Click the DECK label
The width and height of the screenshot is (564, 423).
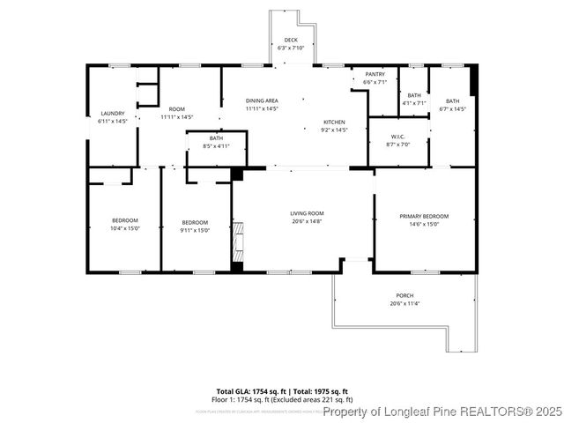coord(290,41)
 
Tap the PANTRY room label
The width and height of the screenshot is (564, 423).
coord(375,74)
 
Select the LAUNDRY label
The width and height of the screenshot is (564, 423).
coord(113,113)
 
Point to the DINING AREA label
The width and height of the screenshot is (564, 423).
coord(262,101)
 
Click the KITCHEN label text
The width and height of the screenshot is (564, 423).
coord(333,122)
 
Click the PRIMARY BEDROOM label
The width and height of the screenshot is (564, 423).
coord(424,216)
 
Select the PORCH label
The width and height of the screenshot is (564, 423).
coord(404,295)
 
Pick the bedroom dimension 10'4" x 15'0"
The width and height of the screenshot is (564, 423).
coord(124,228)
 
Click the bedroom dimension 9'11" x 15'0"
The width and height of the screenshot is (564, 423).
coord(195,229)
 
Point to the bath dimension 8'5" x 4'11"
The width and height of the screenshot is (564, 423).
coord(216,145)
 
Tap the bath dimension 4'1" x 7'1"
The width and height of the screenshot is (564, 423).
coord(414,103)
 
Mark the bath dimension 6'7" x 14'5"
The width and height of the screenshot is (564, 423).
coord(452,109)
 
